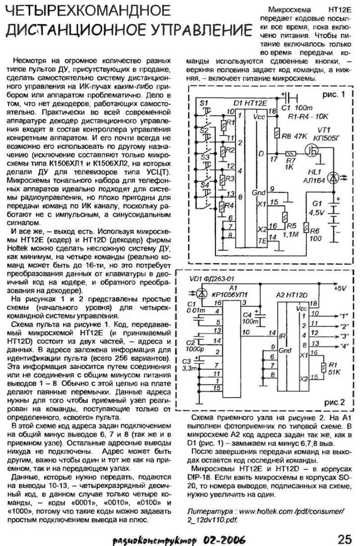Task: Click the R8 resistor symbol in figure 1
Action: (276, 133)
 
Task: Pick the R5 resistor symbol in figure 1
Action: (284, 217)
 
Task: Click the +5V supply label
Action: (341, 287)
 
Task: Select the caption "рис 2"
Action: (332, 403)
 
